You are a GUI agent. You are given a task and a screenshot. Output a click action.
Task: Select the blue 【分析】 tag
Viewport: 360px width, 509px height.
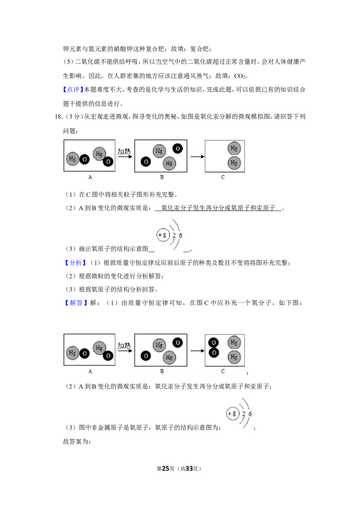pyautogui.click(x=76, y=263)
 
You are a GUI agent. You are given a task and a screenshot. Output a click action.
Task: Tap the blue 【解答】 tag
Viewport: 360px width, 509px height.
pyautogui.click(x=76, y=303)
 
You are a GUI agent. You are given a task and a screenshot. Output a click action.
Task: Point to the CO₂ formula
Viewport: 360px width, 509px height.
pyautogui.click(x=239, y=76)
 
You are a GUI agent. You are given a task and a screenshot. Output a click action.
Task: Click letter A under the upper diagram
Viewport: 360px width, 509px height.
pyautogui.click(x=90, y=177)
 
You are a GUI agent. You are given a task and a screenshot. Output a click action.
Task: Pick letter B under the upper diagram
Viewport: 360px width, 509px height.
pyautogui.click(x=162, y=177)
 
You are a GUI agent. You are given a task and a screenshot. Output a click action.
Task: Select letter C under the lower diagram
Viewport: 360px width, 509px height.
pyautogui.click(x=223, y=371)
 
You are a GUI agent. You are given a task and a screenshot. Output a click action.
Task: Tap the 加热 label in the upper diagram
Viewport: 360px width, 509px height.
pyautogui.click(x=124, y=151)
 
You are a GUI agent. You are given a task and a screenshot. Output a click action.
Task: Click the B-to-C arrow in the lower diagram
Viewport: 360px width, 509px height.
pyautogui.click(x=197, y=351)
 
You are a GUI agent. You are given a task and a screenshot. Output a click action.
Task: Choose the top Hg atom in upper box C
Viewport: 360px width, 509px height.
pyautogui.click(x=234, y=148)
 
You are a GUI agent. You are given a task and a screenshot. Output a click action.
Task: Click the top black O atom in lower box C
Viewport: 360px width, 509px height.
pyautogui.click(x=213, y=343)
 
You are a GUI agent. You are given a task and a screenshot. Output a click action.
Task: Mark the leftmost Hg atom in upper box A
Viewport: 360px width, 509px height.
pyautogui.click(x=72, y=159)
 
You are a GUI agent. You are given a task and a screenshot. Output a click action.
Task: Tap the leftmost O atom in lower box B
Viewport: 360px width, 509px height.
pyautogui.click(x=146, y=356)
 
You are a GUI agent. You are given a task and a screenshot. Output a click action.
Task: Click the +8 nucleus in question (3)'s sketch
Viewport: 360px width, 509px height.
pyautogui.click(x=163, y=235)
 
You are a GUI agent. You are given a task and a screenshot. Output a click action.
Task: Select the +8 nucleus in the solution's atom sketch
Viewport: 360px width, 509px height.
pyautogui.click(x=232, y=414)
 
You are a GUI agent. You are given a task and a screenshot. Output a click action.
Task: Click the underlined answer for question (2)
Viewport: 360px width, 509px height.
pyautogui.click(x=218, y=208)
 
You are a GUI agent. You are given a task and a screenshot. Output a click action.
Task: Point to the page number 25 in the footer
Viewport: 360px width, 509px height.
pyautogui.click(x=166, y=469)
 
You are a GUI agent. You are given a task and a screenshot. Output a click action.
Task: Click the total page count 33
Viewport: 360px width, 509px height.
pyautogui.click(x=189, y=469)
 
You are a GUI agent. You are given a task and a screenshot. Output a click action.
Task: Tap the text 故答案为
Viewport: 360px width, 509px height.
pyautogui.click(x=76, y=442)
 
